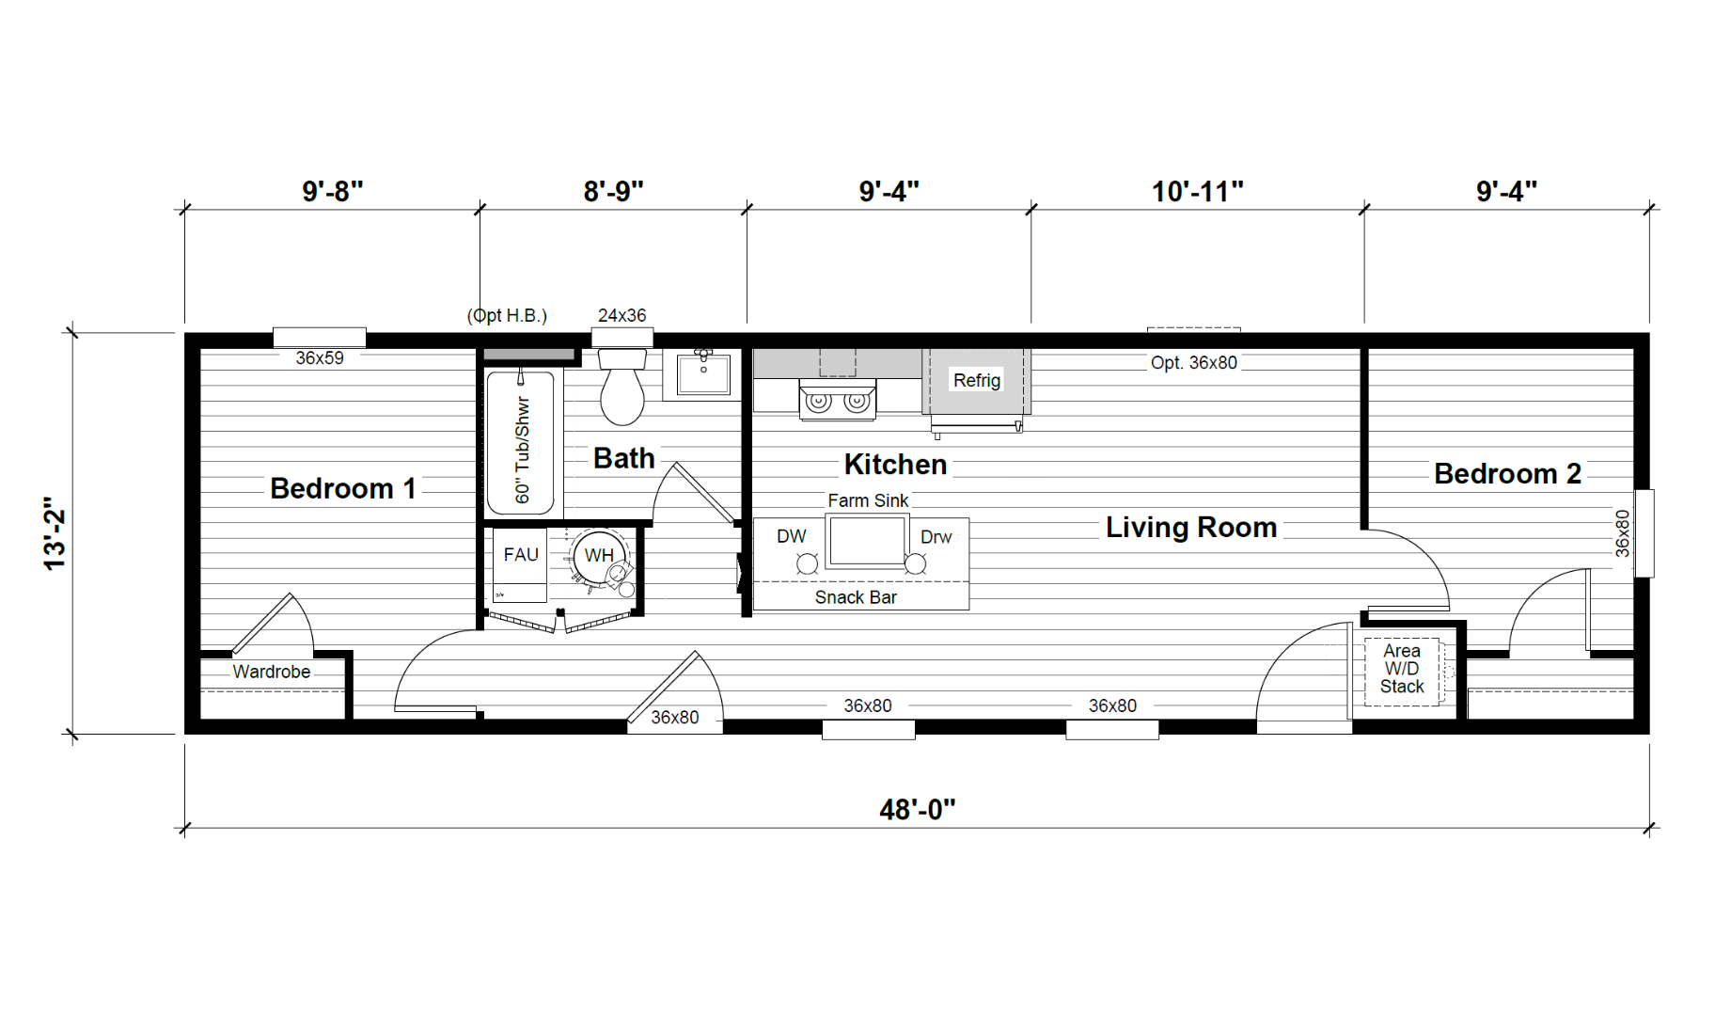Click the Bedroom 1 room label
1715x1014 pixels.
coord(342,488)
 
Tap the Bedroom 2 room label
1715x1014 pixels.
coord(1507,473)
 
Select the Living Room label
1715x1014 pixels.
coord(1191,527)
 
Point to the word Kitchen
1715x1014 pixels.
coord(895,464)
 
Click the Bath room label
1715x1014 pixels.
coord(623,458)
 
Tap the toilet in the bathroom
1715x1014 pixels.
coord(622,387)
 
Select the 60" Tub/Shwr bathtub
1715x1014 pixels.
coord(523,440)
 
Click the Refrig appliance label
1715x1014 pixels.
coord(977,380)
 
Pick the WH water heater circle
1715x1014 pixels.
coord(599,555)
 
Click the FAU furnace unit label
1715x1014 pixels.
coord(521,554)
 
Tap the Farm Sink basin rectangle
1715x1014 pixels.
coord(866,540)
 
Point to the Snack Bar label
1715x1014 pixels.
coord(856,597)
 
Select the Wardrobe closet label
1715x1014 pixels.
coord(272,672)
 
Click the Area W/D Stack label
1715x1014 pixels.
coord(1402,669)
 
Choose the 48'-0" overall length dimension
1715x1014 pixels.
coord(918,810)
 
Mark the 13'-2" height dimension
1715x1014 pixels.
coord(55,533)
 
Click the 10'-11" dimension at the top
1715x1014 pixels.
coord(1198,192)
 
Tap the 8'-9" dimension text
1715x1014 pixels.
coord(613,192)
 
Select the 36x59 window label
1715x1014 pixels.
coord(320,358)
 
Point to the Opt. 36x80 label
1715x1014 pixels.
coord(1194,363)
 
